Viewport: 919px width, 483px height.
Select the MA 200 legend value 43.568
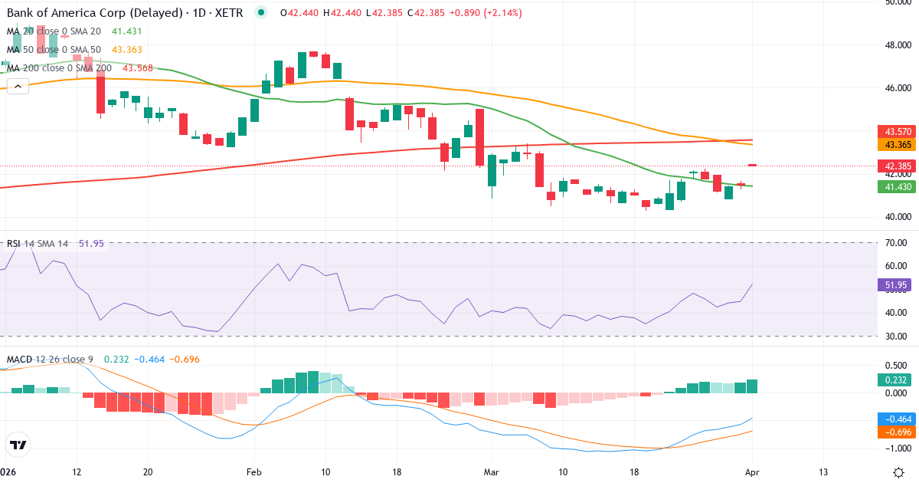tap(138, 67)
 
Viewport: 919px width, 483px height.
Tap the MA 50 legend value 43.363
tap(127, 49)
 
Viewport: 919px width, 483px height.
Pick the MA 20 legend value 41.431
tap(127, 31)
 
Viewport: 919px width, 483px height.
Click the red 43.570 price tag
tap(897, 132)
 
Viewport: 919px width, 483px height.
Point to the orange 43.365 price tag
tap(897, 144)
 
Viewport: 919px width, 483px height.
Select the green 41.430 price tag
tap(897, 186)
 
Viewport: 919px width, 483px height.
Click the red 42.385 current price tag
tap(897, 166)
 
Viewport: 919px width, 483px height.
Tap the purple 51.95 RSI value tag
tap(897, 284)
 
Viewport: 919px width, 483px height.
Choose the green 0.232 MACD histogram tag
tap(897, 379)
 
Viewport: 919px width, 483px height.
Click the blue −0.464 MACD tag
tap(897, 419)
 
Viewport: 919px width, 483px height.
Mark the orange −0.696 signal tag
tap(897, 432)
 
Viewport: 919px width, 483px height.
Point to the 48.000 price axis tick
tap(897, 44)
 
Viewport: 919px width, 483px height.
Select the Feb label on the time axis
tap(253, 472)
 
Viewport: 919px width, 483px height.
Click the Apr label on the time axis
tap(751, 472)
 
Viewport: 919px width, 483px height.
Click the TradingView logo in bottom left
tap(18, 445)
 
